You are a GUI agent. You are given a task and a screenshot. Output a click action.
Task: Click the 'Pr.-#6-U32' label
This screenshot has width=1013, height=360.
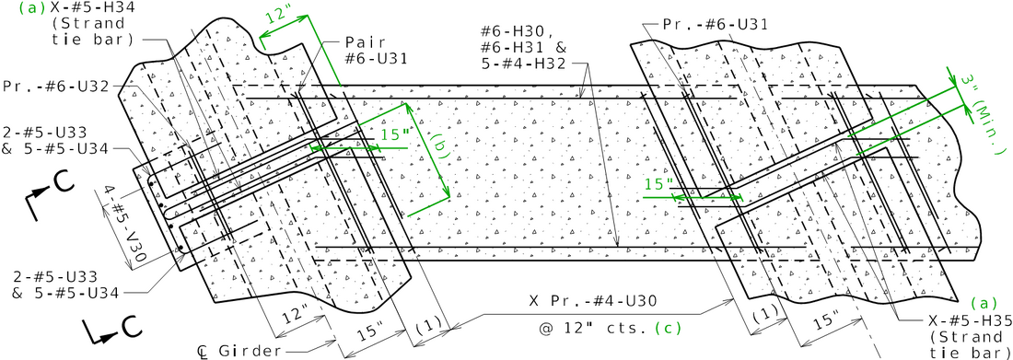pyautogui.click(x=54, y=86)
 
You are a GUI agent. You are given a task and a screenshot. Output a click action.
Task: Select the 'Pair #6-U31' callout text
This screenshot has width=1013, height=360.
pyautogui.click(x=375, y=50)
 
